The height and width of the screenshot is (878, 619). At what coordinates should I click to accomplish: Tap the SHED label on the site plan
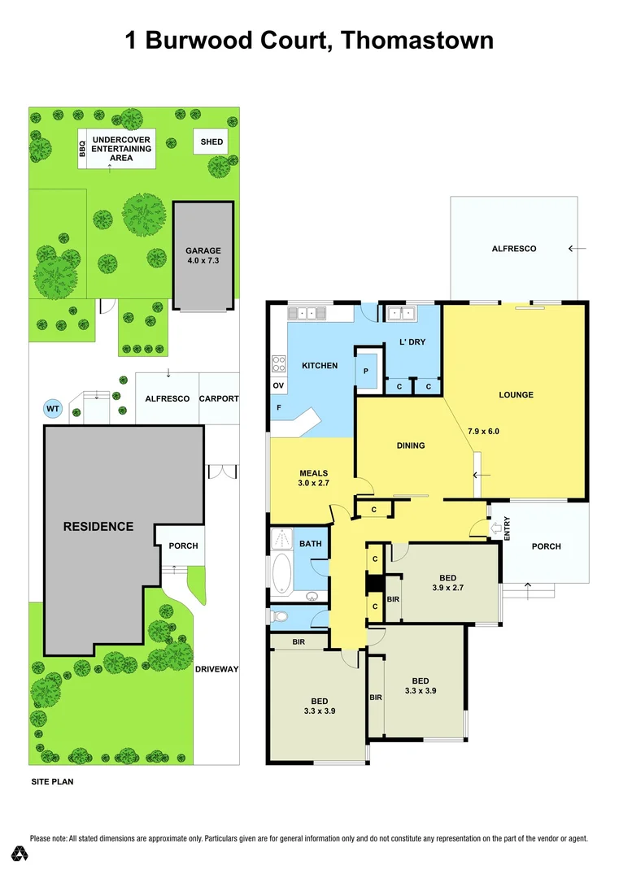coord(211,142)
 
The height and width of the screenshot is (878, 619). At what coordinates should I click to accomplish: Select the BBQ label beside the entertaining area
coord(82,149)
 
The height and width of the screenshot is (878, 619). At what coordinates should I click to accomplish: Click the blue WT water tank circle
coord(53,408)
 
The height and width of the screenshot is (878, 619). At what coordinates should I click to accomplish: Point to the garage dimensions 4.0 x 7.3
coord(203,260)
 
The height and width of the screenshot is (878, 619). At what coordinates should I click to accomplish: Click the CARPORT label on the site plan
coord(219,399)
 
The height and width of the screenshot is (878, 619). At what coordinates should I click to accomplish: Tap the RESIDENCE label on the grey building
coord(98,527)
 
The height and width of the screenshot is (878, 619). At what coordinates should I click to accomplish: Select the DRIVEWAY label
coord(216,669)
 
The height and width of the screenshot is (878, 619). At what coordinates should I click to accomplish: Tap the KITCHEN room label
coord(319,366)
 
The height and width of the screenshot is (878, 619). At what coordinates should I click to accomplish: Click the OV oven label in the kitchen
coord(278,385)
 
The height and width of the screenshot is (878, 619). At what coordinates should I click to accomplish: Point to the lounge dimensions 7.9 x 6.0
coord(483,431)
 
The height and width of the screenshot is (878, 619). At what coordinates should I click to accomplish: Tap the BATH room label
coord(310,543)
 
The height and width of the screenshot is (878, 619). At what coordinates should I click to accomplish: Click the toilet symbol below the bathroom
coord(279,617)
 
